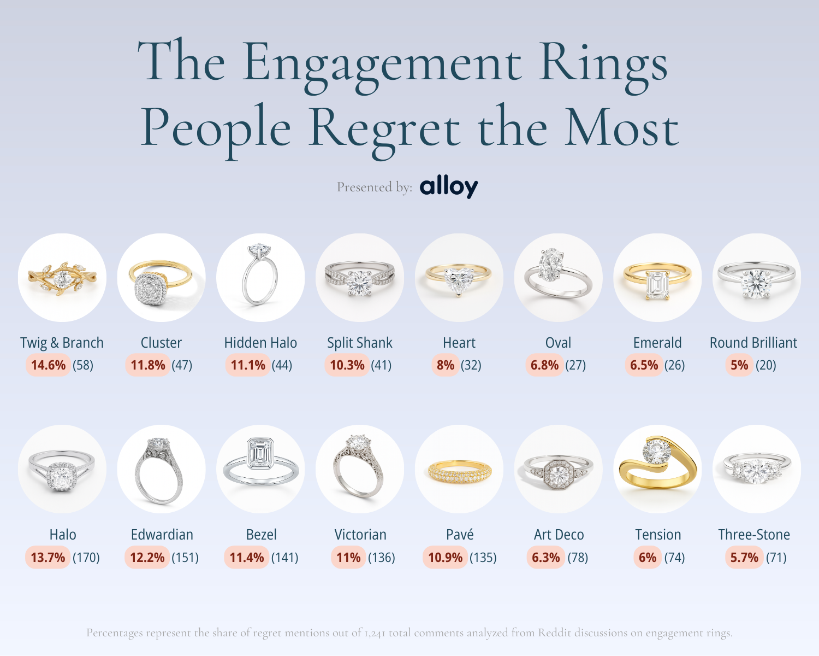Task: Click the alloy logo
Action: (448, 187)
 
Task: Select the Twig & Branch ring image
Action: (62, 278)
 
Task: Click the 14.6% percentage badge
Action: (49, 365)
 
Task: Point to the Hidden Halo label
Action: (260, 343)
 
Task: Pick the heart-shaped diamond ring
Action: (459, 278)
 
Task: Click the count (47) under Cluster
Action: (182, 365)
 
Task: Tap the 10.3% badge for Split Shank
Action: (347, 365)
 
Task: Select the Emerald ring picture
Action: (657, 278)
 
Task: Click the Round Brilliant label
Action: (753, 343)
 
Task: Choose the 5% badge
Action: (739, 365)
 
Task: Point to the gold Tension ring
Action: (657, 469)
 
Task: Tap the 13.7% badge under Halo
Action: (48, 558)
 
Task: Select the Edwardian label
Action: (162, 535)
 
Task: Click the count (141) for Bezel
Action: (285, 558)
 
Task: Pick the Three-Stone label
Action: (754, 535)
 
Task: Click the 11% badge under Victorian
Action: (348, 558)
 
